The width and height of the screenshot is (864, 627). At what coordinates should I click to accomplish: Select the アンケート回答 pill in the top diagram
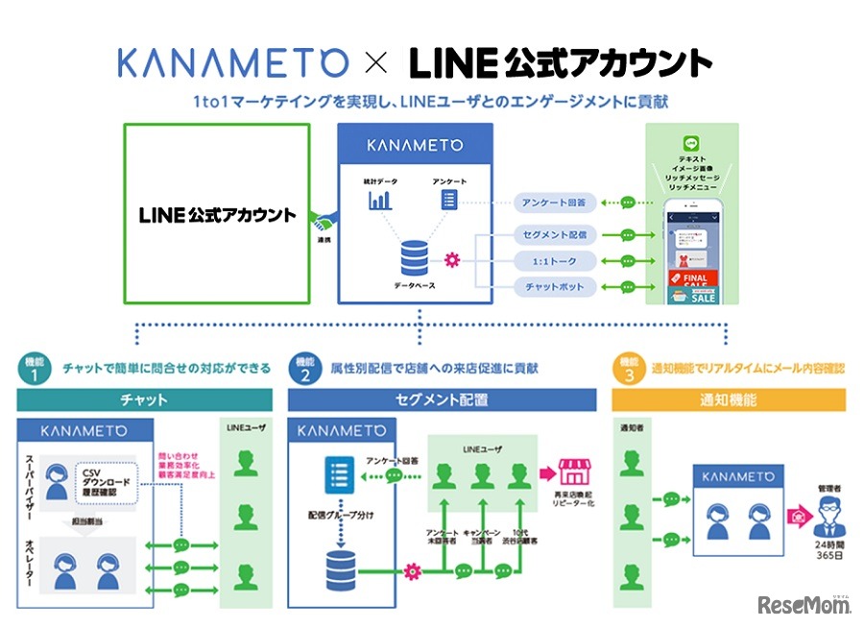[555, 202]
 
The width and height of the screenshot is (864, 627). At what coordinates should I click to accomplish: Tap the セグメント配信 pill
[555, 233]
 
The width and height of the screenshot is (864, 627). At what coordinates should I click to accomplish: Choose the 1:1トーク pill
[555, 259]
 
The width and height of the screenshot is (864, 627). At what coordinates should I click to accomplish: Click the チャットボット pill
[555, 286]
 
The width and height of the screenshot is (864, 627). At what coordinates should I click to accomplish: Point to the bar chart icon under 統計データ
[379, 201]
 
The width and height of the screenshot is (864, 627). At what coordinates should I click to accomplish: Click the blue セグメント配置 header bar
[441, 400]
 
